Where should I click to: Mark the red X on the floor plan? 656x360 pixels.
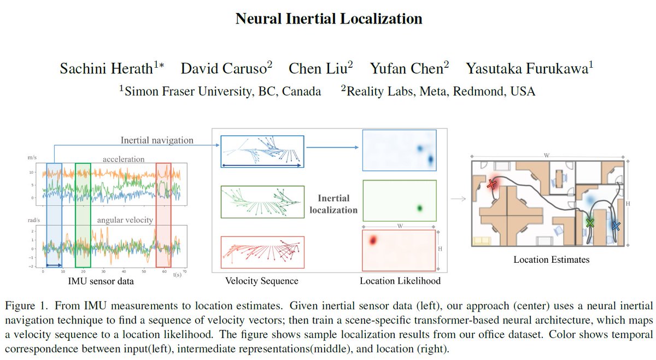[492, 185]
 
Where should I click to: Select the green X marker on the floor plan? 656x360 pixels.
[589, 222]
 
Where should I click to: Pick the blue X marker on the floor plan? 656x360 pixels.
[616, 225]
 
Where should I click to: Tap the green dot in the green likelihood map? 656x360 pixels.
[420, 208]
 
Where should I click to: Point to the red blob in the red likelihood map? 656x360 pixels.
[373, 239]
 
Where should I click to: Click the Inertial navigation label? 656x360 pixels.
[156, 140]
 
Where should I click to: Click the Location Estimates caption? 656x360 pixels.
[551, 259]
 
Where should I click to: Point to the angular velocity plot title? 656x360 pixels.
[125, 220]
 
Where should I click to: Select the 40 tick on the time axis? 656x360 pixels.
[124, 270]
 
